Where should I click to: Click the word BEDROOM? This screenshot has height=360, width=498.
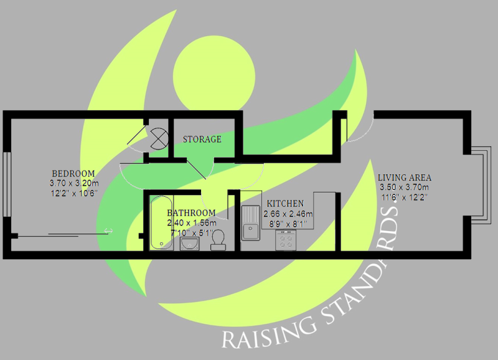pos(73,174)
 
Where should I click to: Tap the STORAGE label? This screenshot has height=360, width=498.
pos(202,140)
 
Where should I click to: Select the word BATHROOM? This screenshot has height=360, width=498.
pos(191,213)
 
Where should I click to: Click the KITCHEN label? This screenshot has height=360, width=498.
pos(285,204)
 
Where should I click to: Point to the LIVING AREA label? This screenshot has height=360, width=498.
pos(405,178)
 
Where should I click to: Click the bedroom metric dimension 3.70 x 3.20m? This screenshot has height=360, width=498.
pos(74,184)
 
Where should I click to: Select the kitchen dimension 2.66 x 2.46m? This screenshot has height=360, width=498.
pos(288,214)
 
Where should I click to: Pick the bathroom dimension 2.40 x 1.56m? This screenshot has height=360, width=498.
pos(192,223)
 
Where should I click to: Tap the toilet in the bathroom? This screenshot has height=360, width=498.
pos(218,240)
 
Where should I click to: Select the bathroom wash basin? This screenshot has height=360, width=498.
pos(189,243)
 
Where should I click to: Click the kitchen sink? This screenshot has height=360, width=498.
pos(252,223)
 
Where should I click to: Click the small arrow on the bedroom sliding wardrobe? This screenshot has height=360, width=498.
pos(109,231)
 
